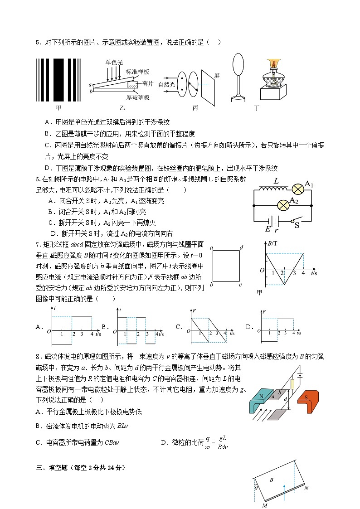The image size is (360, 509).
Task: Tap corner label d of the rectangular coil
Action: tap(242, 247)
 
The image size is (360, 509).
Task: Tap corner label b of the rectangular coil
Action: tap(211, 285)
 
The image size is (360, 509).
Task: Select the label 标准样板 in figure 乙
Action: tap(137, 72)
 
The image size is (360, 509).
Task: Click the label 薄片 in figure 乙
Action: tap(147, 84)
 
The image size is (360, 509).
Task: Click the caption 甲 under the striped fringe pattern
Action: tap(58, 108)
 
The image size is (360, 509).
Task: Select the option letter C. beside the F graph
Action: tap(179, 326)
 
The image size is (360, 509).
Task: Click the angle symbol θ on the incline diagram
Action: tap(256, 488)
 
